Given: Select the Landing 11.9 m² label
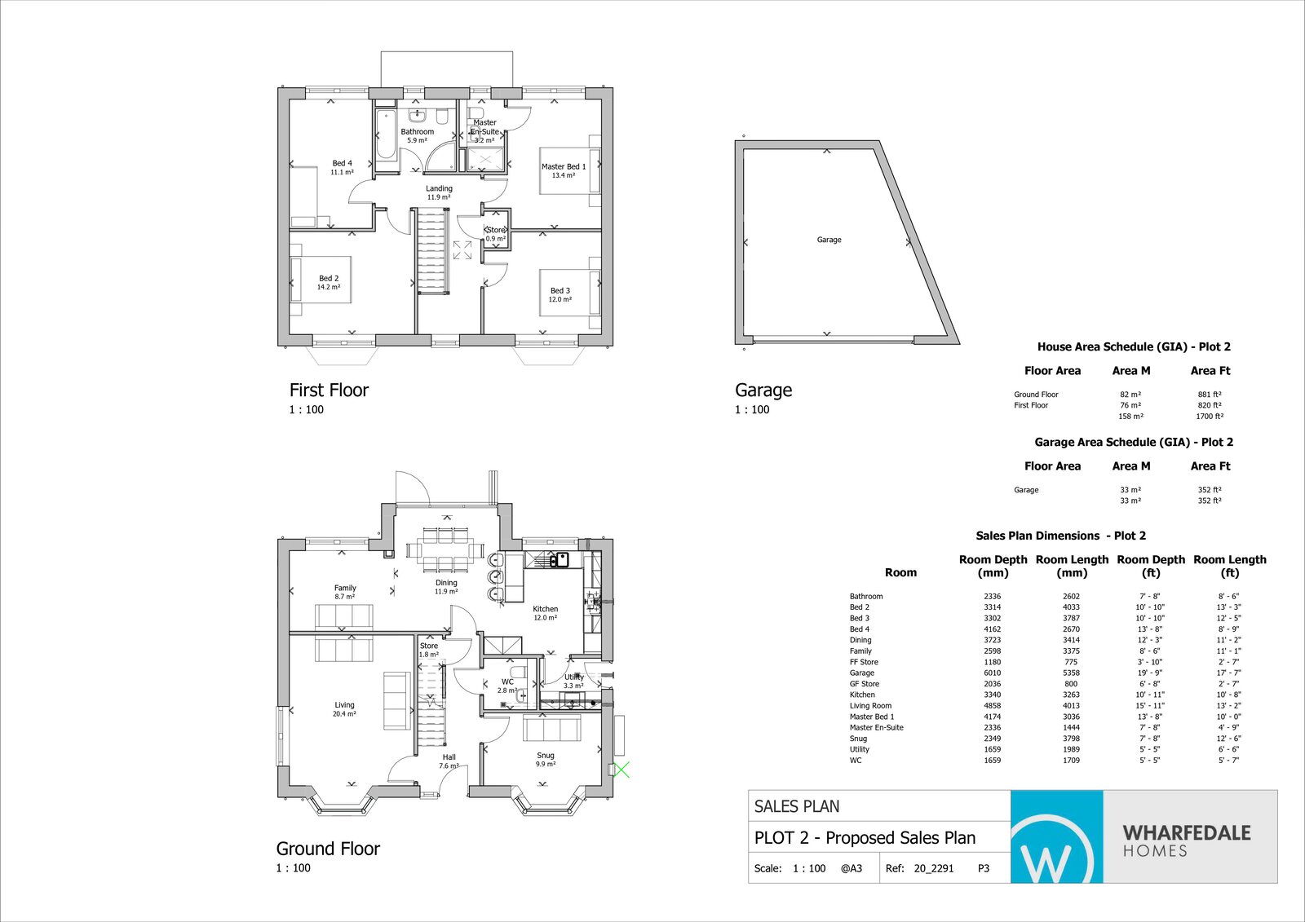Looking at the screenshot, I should (x=439, y=192).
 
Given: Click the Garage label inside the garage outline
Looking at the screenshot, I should (x=829, y=240).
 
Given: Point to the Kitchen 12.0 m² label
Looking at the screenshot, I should (x=545, y=613).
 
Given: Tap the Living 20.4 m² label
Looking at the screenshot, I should (x=344, y=709).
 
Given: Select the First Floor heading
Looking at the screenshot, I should (x=329, y=390).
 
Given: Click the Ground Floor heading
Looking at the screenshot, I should (x=328, y=849).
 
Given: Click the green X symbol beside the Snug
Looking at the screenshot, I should (x=622, y=769).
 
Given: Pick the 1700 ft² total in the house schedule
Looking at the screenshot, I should (x=1210, y=417).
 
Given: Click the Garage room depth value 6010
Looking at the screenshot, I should (x=992, y=673).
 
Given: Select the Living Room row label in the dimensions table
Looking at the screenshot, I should (x=870, y=706).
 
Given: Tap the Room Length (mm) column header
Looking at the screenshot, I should (x=1072, y=566).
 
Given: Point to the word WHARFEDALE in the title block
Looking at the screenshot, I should (x=1186, y=832).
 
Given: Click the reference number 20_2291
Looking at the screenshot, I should (x=933, y=868).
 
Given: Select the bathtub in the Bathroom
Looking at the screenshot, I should (x=386, y=135).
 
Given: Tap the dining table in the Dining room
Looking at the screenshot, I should (x=445, y=549).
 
